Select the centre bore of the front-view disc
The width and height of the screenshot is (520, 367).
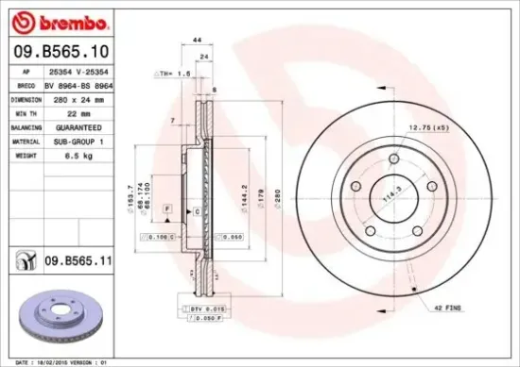tap(389, 199)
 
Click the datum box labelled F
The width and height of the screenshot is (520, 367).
tap(166, 206)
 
